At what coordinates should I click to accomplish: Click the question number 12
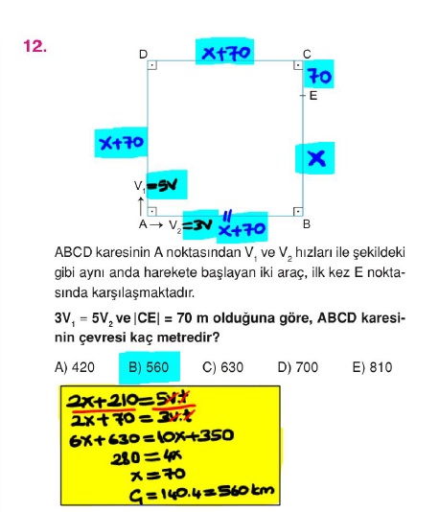coord(35,46)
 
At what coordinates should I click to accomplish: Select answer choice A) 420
coord(75,367)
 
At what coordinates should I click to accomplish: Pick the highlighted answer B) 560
coord(149,367)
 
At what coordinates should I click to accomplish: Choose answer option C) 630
coord(223,367)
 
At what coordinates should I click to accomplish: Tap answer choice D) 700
coord(298,367)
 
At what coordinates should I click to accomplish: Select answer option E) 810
coord(373,367)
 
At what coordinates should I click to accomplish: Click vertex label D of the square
coord(143,55)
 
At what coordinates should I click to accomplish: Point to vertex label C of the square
coord(307,55)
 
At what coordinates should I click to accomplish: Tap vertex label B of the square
coord(307,224)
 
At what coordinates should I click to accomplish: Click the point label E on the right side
coord(313,96)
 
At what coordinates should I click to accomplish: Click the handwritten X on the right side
coord(316,158)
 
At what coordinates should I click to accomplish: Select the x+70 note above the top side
coord(226,53)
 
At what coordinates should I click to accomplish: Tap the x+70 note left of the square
coord(122,143)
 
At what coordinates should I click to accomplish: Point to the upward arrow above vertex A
coord(141,206)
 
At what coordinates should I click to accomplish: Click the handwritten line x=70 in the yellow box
coord(158,475)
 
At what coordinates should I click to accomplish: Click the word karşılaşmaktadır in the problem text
coord(125,292)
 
